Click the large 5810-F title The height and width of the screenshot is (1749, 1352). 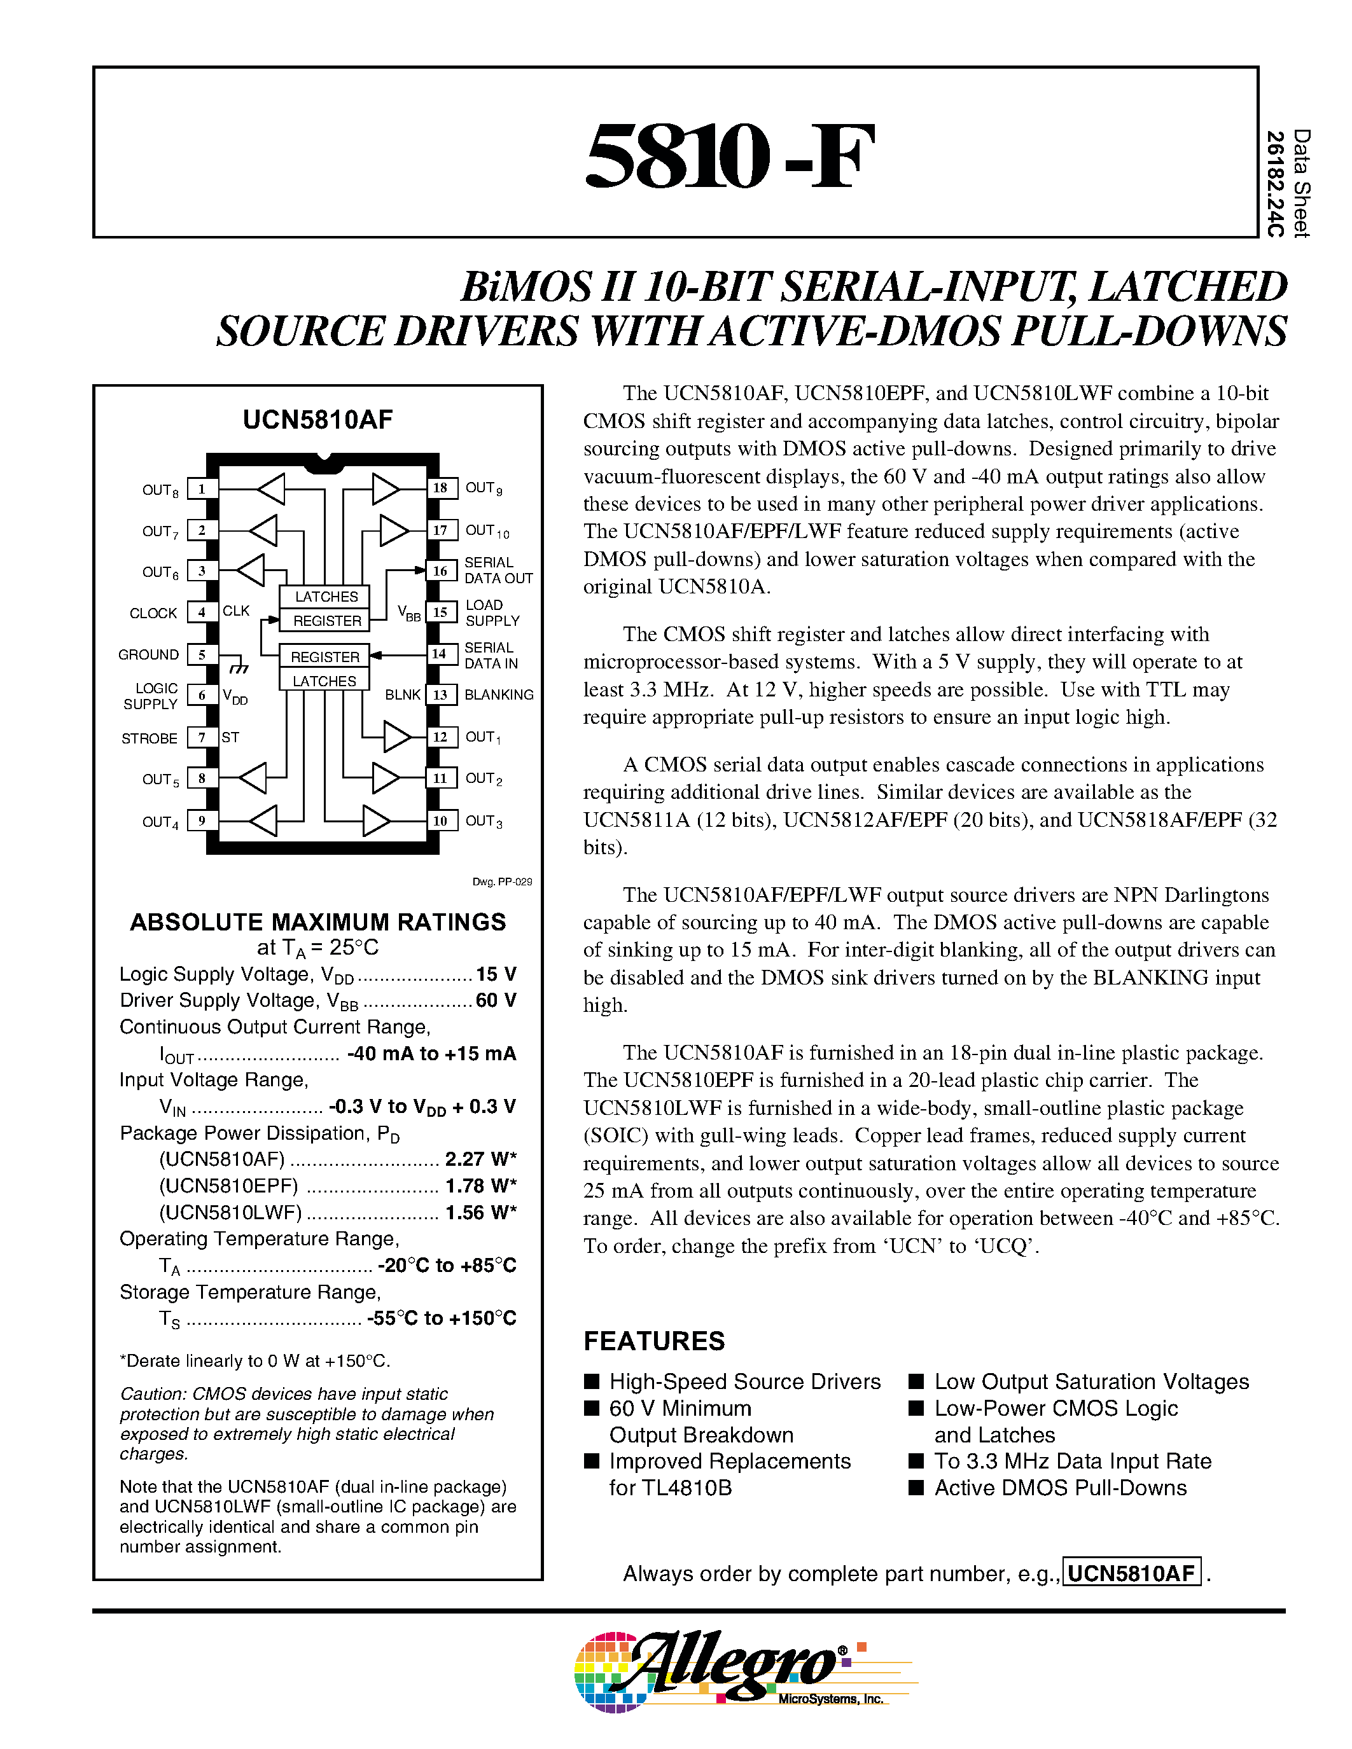pyautogui.click(x=729, y=156)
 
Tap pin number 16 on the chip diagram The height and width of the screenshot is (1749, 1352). pyautogui.click(x=440, y=571)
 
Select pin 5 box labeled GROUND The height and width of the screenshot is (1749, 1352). pyautogui.click(x=202, y=654)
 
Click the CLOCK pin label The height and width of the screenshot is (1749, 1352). pyautogui.click(x=153, y=614)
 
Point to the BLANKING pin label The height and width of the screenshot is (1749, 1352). pyautogui.click(x=499, y=695)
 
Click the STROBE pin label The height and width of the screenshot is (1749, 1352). pyautogui.click(x=149, y=738)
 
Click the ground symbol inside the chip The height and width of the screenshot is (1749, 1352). pyautogui.click(x=238, y=667)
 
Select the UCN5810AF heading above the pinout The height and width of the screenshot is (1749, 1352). pyautogui.click(x=318, y=420)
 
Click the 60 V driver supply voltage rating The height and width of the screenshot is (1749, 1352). pyautogui.click(x=496, y=1000)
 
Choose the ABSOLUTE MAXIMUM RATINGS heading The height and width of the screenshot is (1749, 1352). pyautogui.click(x=318, y=922)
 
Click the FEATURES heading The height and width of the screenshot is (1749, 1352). pyautogui.click(x=653, y=1341)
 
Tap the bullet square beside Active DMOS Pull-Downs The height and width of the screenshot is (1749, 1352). pyautogui.click(x=916, y=1487)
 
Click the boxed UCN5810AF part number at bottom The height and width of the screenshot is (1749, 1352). pyautogui.click(x=1131, y=1573)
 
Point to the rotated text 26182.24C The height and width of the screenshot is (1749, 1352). pyautogui.click(x=1275, y=184)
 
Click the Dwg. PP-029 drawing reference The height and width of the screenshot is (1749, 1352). pyautogui.click(x=502, y=881)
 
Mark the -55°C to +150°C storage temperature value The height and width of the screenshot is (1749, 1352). pyautogui.click(x=442, y=1318)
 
